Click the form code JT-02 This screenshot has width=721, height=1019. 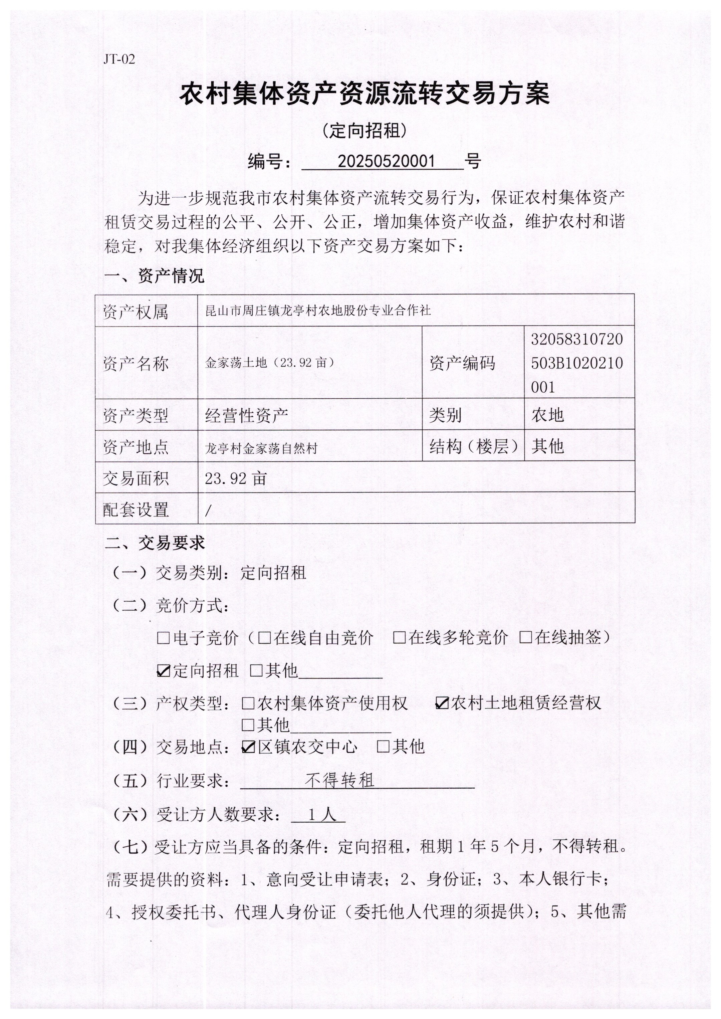pos(119,59)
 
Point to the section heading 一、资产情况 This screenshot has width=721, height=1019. pos(154,276)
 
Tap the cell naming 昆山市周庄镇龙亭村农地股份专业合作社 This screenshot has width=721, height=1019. pos(318,311)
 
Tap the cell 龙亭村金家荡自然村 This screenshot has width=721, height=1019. pos(261,448)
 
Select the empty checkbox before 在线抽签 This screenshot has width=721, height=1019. pos(526,638)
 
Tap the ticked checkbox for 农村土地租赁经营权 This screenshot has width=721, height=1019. pos(442,703)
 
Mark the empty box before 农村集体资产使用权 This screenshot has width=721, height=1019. pos(248,703)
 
